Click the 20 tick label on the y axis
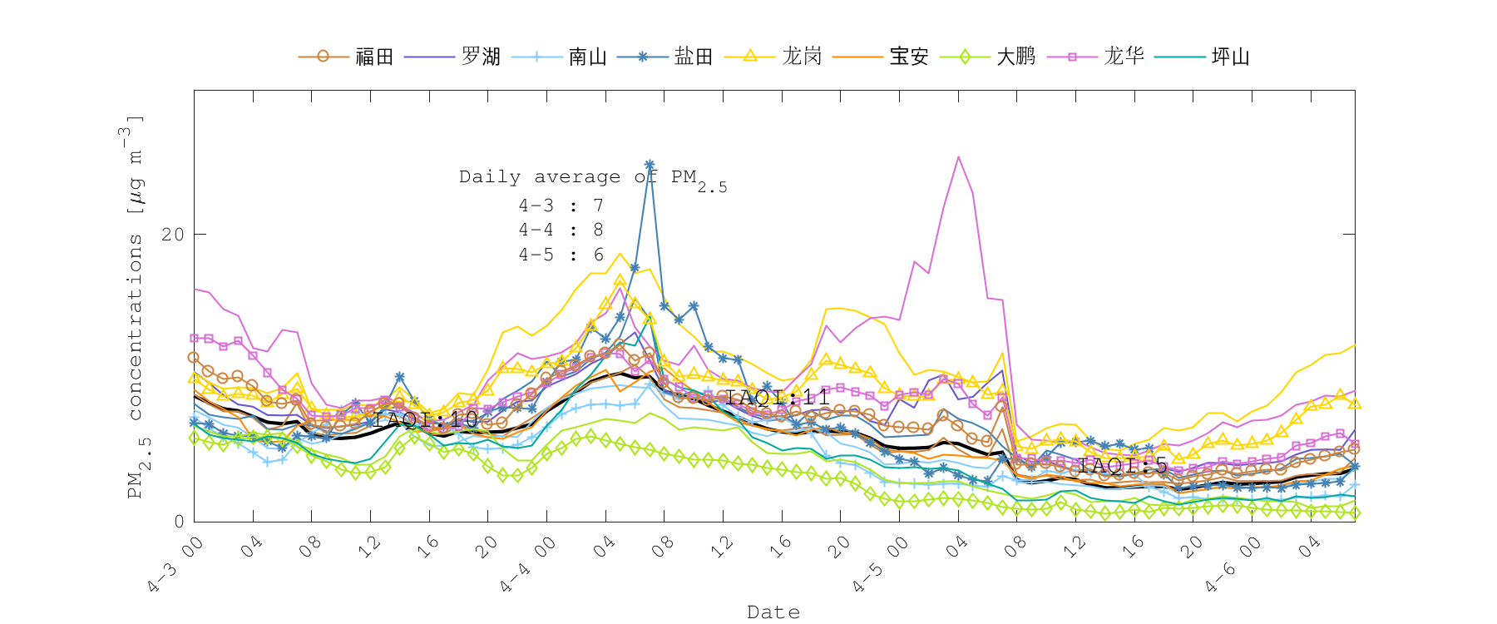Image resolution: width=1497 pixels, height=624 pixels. point(172,235)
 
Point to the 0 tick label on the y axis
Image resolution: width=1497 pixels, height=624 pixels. point(178,522)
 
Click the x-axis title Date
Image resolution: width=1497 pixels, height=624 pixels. point(773,612)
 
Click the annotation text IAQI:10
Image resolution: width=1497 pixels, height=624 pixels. point(426,419)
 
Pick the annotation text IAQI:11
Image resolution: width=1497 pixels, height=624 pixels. point(778,398)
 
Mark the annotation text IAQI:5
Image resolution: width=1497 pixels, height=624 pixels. point(1123,465)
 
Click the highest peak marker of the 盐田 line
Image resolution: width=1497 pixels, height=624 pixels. point(650,166)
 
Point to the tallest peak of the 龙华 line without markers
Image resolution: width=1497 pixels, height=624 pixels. point(958,156)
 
